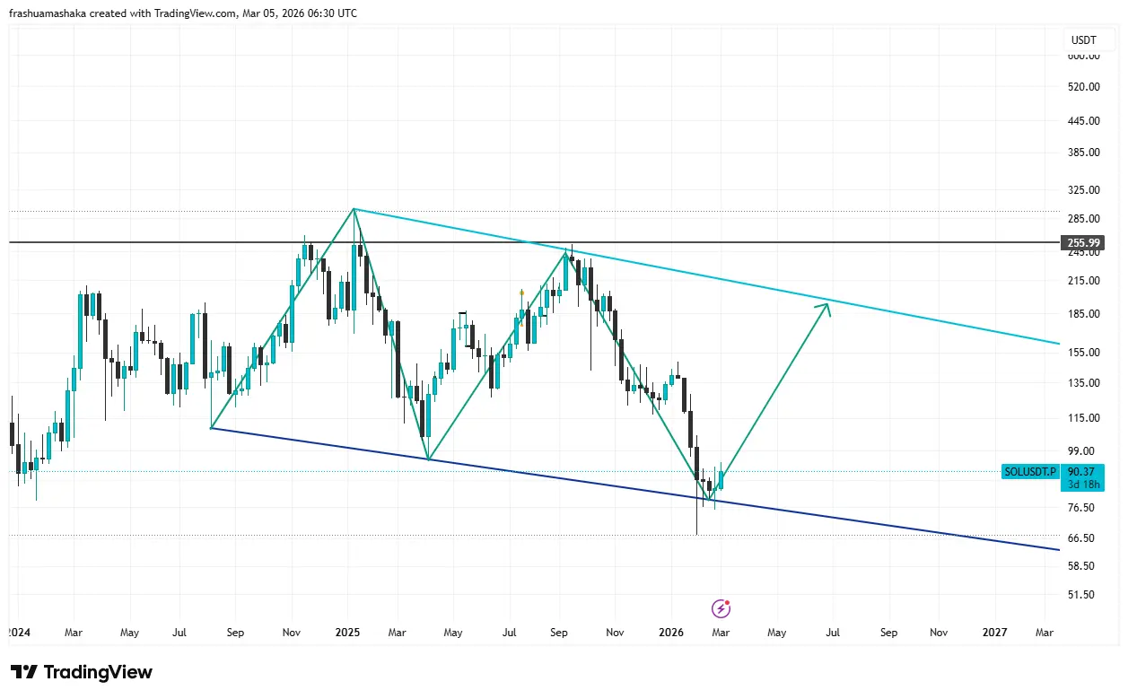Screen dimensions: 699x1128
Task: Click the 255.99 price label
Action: (1083, 242)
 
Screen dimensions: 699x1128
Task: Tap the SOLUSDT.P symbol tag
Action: (1030, 471)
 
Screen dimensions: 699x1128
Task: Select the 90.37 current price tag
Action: (1082, 472)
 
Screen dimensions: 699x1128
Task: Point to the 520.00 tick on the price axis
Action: (1083, 87)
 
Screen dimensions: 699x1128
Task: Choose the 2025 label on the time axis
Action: (347, 633)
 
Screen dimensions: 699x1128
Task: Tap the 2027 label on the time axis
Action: (994, 633)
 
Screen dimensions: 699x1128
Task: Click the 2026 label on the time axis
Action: (671, 633)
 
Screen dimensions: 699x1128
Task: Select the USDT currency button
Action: (1084, 40)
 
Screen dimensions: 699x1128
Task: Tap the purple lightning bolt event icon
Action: (721, 609)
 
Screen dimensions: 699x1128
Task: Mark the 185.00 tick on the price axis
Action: (1083, 314)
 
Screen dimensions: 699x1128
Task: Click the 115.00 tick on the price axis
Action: (1083, 418)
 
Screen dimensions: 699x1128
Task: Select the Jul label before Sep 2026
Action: (833, 633)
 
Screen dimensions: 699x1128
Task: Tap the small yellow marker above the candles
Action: (521, 293)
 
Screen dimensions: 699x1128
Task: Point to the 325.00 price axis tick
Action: (1083, 190)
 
